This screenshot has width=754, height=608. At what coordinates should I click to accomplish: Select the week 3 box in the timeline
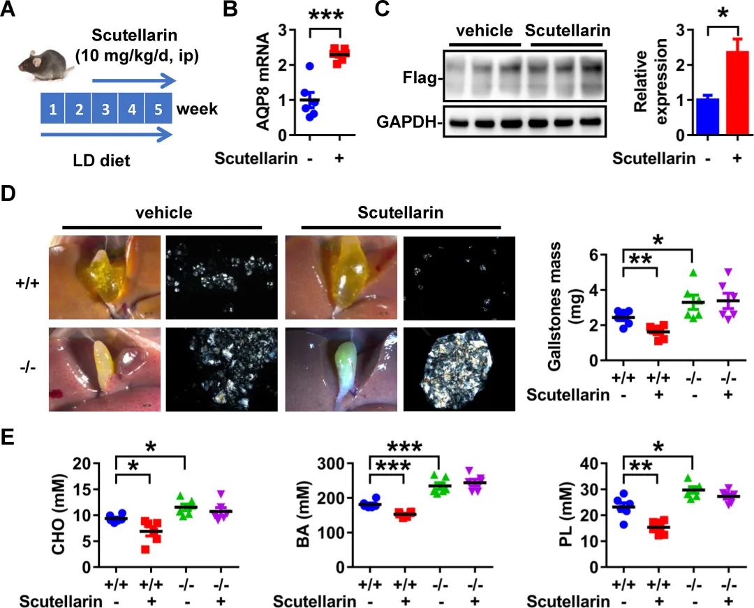click(105, 110)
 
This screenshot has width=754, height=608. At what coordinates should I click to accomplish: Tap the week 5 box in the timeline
click(158, 110)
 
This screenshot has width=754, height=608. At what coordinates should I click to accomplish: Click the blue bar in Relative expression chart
click(707, 115)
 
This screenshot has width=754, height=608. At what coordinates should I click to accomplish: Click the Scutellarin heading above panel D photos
click(401, 213)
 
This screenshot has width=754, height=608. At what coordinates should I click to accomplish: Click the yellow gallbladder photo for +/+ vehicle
click(105, 278)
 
